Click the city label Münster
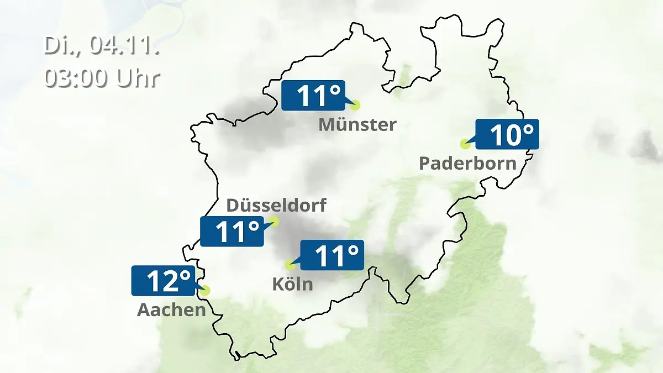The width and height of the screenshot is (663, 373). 357,124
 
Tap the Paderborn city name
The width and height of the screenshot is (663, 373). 467,163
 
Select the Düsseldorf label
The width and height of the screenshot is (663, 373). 276,205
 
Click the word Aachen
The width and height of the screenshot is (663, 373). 171,309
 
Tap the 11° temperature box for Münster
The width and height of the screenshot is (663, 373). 313,96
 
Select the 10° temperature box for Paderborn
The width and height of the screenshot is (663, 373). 507,134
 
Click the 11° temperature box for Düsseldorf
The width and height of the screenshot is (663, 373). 231,231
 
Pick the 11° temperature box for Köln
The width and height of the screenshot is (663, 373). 331,255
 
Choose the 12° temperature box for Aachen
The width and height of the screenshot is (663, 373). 162,281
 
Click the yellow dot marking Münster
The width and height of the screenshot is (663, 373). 355,104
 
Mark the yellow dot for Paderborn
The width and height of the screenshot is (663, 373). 465,144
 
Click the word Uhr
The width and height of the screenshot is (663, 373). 138,78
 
